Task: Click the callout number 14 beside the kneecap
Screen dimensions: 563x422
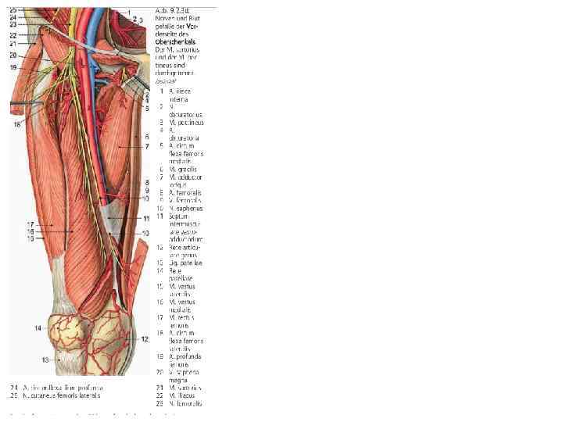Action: (x=38, y=328)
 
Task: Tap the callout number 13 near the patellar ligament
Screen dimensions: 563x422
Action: (x=45, y=359)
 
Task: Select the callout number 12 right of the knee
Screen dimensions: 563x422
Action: (x=145, y=339)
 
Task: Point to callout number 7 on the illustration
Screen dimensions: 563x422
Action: (x=146, y=146)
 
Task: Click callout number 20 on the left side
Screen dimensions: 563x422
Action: (x=13, y=55)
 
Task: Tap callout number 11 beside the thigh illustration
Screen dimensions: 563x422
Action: (x=145, y=217)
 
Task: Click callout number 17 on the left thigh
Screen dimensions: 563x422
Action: (x=30, y=225)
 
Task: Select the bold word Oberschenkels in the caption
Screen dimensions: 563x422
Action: (x=175, y=41)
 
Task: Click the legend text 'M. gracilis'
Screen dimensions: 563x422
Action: (x=183, y=169)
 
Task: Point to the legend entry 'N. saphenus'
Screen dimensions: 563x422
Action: (x=185, y=208)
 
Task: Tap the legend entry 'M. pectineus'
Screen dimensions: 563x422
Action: (x=185, y=122)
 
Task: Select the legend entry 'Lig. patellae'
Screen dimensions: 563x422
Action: (x=186, y=263)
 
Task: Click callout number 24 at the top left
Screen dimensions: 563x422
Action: (x=13, y=16)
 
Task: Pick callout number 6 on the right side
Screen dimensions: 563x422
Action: (x=146, y=137)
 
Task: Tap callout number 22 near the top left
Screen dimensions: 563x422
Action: (x=13, y=36)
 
